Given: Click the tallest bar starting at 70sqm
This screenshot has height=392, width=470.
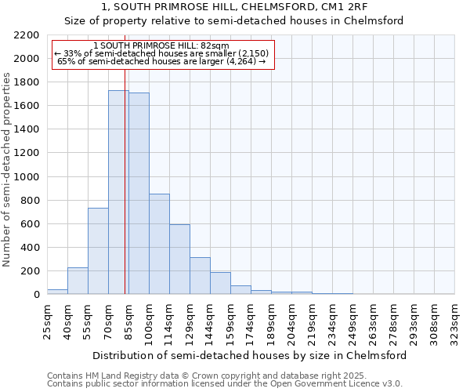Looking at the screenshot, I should tap(118, 192).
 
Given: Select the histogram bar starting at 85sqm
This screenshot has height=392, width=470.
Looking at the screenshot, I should tap(139, 194).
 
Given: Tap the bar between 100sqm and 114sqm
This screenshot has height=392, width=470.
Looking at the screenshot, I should tap(159, 244).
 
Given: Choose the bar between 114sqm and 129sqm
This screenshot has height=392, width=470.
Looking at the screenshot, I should tap(179, 260).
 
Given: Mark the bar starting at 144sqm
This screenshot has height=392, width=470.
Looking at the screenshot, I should tap(220, 283).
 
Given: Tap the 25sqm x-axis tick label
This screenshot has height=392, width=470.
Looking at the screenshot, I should tap(47, 320).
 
